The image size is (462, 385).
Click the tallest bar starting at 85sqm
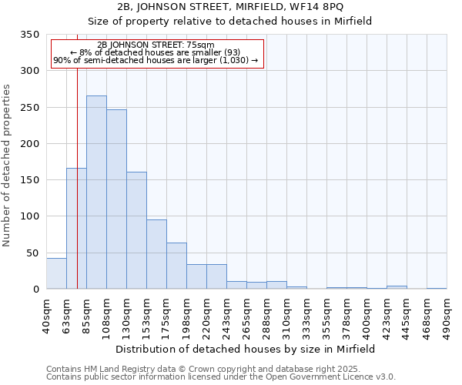pyautogui.click(x=96, y=192)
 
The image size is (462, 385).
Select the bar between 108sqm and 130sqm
pyautogui.click(x=116, y=199)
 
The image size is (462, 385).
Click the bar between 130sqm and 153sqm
pyautogui.click(x=136, y=230)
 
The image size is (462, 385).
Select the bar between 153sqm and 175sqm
pyautogui.click(x=156, y=254)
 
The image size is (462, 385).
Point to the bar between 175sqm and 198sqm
pyautogui.click(x=176, y=266)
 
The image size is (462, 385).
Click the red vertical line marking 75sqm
pyautogui.click(x=78, y=154)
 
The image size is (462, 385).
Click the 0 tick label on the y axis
pyautogui.click(x=35, y=290)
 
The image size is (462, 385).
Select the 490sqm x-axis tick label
pyautogui.click(x=447, y=315)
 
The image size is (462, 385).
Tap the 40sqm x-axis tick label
pyautogui.click(x=46, y=313)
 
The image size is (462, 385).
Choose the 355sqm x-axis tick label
pyautogui.click(x=326, y=315)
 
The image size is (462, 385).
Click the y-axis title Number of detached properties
pyautogui.click(x=8, y=166)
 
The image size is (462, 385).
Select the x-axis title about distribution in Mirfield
pyautogui.click(x=246, y=349)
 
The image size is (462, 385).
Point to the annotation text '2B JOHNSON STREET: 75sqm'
pyautogui.click(x=156, y=45)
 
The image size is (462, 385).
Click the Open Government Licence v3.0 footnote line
pyautogui.click(x=221, y=377)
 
